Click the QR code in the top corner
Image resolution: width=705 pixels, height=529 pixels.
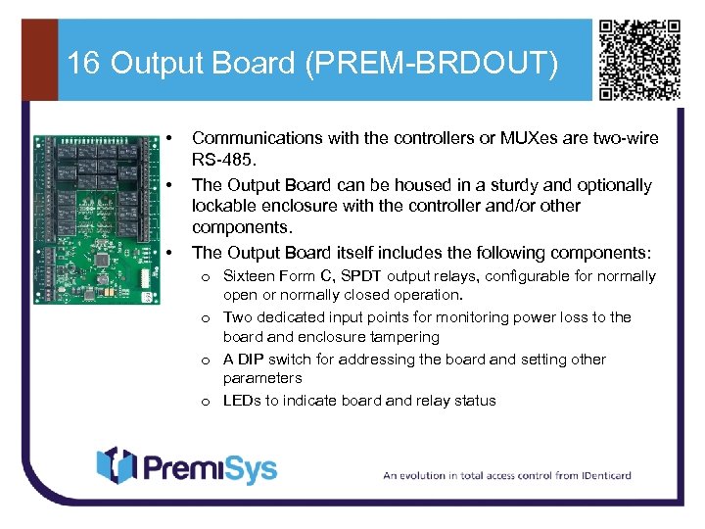[x=639, y=59]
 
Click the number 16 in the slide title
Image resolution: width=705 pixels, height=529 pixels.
[x=84, y=64]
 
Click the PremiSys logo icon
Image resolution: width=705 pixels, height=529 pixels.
[x=115, y=466]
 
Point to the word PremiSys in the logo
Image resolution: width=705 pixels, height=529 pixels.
[x=211, y=467]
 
